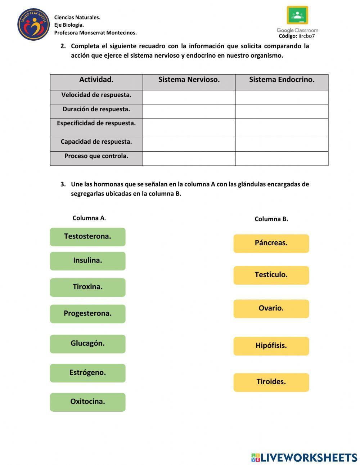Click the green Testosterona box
[87, 237]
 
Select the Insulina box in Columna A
[87, 261]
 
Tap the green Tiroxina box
[87, 287]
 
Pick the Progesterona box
[87, 314]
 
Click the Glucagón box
[87, 344]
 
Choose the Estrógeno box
[87, 373]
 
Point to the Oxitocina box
[87, 402]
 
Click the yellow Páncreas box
[271, 243]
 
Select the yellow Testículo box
[271, 275]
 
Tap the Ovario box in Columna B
[271, 309]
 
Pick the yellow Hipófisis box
[271, 346]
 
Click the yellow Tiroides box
[271, 382]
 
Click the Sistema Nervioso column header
[189, 80]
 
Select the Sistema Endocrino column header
[282, 80]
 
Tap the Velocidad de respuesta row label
[96, 95]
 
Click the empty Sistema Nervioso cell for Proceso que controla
[189, 158]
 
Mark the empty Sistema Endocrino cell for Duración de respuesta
[282, 111]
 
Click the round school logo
[33, 24]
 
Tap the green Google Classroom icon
[297, 15]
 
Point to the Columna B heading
[271, 219]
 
